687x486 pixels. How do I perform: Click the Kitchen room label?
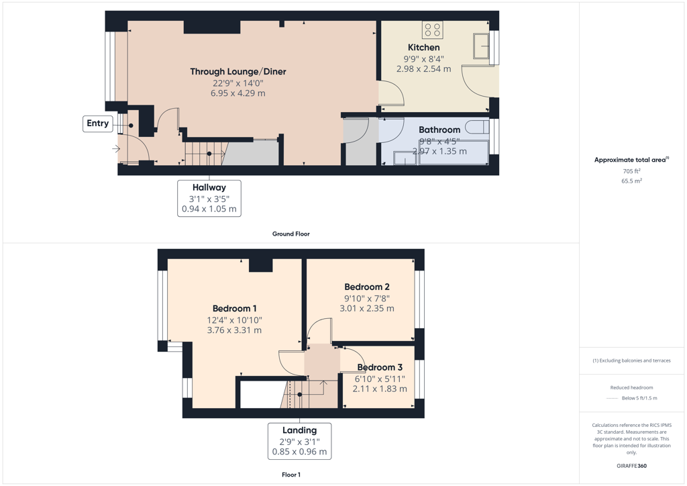(424, 48)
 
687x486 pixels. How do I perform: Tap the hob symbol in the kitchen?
(433, 30)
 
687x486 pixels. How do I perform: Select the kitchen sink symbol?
(480, 46)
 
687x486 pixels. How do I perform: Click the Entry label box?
(98, 124)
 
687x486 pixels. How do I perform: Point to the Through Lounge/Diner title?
(238, 71)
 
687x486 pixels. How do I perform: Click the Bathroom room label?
(439, 130)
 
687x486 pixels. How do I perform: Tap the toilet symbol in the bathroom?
(477, 127)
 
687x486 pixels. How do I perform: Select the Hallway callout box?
(209, 198)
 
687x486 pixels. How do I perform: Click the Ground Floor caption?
(291, 234)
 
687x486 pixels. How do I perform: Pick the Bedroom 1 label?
(234, 309)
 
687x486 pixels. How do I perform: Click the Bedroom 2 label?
(367, 287)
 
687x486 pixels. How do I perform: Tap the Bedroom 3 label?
(380, 367)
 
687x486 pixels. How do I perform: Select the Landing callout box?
(300, 441)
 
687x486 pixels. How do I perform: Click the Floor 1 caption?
(291, 475)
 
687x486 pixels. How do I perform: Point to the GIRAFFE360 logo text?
(631, 466)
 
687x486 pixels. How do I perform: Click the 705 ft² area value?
(631, 171)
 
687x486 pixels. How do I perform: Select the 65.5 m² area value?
(631, 181)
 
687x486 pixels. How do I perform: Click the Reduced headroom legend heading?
(631, 387)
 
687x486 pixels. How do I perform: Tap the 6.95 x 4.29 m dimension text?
(238, 93)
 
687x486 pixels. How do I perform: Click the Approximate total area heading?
(631, 160)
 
